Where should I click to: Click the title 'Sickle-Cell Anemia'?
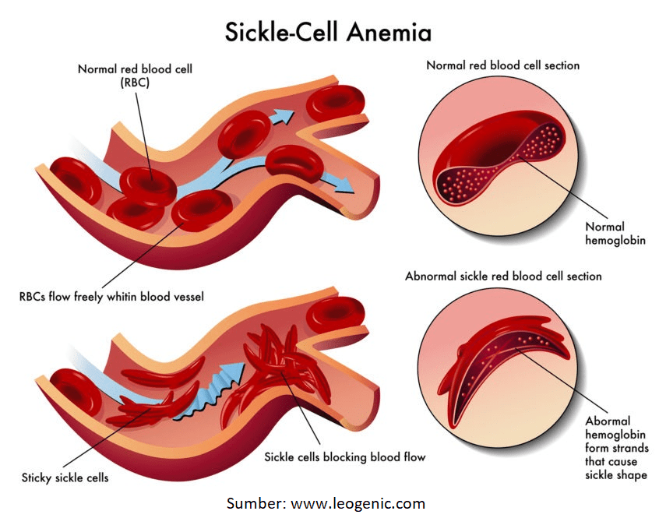coord(328,32)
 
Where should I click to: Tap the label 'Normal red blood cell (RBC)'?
coord(135,76)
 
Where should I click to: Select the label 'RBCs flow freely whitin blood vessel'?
coord(111,297)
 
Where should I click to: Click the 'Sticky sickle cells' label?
coord(65,477)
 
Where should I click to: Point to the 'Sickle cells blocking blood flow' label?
coord(344,456)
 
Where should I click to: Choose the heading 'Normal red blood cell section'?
coord(502,65)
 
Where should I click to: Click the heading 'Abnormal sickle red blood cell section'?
coord(503,276)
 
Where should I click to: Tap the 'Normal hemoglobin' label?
coord(615,233)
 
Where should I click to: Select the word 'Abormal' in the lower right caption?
coord(608,421)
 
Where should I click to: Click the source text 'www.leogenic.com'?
coord(358,503)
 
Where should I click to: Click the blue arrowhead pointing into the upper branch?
coord(283,115)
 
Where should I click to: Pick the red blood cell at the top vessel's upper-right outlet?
coord(336,102)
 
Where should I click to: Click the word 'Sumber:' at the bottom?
coord(256,503)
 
